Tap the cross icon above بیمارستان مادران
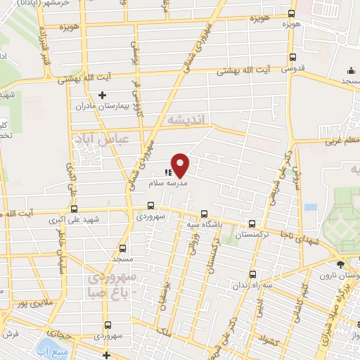coord(103,94)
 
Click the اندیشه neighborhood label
coord(186,121)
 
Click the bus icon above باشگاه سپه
coord(204,214)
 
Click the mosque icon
coord(351,71)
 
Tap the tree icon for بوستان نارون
coord(341,265)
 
